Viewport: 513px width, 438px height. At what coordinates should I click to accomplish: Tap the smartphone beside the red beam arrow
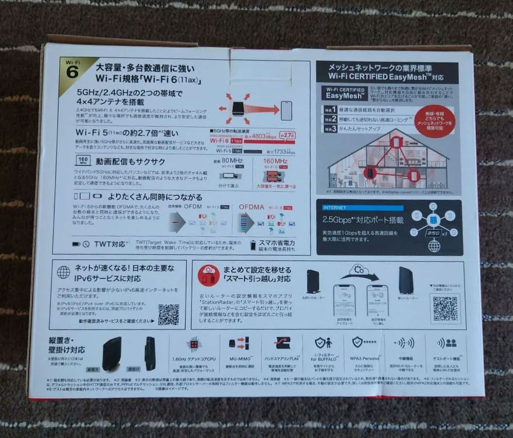tap(286, 111)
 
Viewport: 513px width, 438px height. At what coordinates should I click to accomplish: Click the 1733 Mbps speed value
tap(276, 151)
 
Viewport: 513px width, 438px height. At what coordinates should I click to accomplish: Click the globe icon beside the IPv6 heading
tap(64, 272)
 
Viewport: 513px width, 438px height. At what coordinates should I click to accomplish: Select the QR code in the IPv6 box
tap(168, 314)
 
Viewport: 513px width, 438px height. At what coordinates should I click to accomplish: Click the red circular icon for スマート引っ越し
tap(208, 275)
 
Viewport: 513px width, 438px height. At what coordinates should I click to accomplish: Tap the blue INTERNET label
tap(336, 208)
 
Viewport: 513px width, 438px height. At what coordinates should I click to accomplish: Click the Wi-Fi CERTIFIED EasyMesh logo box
tap(344, 93)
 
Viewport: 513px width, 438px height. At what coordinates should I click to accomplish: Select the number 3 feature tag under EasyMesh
tap(330, 130)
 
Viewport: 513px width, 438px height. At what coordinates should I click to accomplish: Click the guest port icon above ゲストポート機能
tap(446, 343)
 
